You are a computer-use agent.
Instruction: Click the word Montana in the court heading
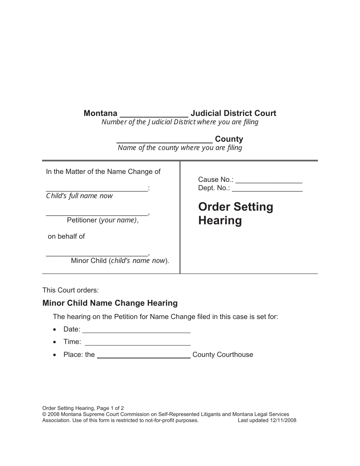click(x=100, y=113)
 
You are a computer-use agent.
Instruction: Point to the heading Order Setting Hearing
click(x=236, y=214)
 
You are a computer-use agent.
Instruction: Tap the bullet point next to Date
click(x=56, y=330)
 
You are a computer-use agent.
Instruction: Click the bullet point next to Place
click(x=56, y=355)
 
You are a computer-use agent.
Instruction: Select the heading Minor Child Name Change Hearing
click(x=110, y=303)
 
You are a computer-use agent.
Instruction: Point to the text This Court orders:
click(x=70, y=290)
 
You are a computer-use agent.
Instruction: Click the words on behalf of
click(x=66, y=236)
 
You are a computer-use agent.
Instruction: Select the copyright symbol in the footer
click(x=44, y=414)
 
